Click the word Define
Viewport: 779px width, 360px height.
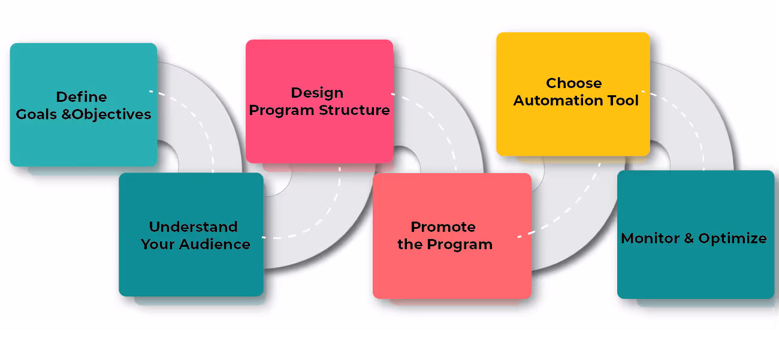[81, 97]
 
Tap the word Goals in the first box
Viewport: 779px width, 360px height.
[37, 114]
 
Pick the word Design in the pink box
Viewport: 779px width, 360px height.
[317, 93]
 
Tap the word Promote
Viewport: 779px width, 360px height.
[443, 227]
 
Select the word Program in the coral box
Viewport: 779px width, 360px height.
[459, 244]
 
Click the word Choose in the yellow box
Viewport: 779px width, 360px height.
[573, 83]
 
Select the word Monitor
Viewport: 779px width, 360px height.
[650, 238]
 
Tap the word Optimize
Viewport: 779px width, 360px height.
[732, 238]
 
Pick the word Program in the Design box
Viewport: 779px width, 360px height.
[282, 111]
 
